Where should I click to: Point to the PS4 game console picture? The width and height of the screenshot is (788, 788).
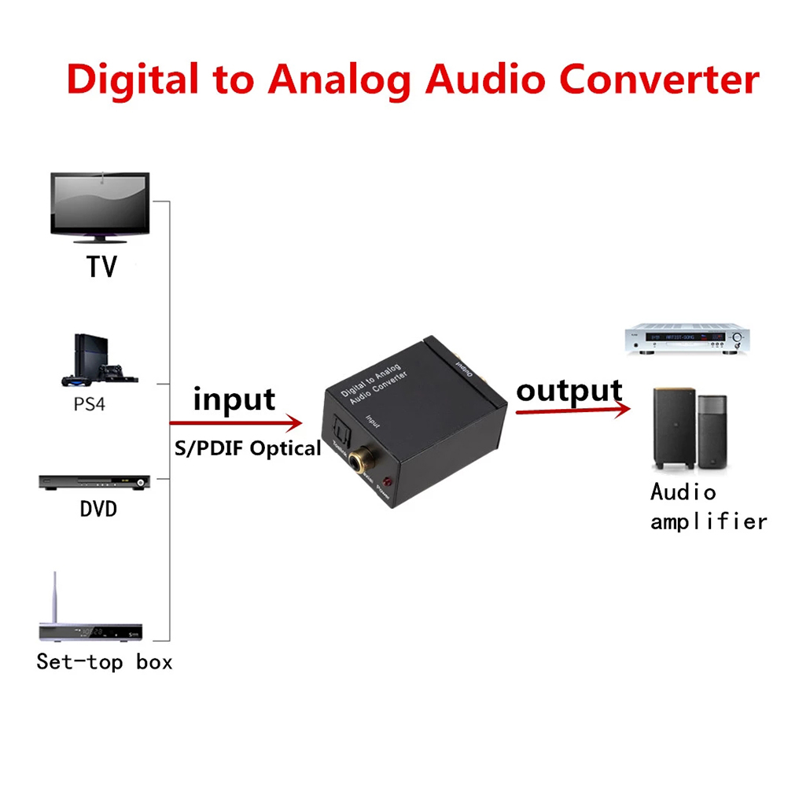pos(101,361)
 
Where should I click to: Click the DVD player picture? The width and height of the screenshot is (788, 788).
pos(94,481)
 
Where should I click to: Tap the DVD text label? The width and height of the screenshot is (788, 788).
pos(98,510)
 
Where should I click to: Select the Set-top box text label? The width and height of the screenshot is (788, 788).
pos(105,662)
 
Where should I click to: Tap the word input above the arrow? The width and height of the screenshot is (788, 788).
pos(234,400)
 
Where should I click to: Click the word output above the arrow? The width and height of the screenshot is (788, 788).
pos(569,390)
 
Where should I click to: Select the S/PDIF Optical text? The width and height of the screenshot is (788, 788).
pos(248,448)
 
